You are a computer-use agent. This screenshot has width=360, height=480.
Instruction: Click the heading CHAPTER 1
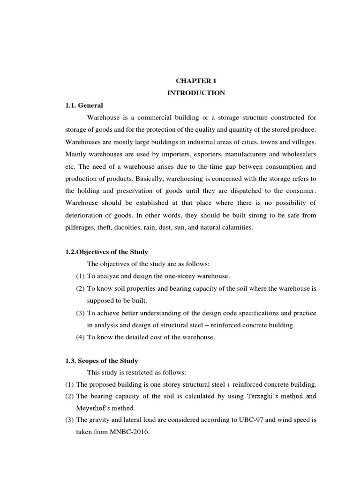pyautogui.click(x=196, y=81)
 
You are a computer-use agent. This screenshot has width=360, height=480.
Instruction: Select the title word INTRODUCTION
pyautogui.click(x=196, y=93)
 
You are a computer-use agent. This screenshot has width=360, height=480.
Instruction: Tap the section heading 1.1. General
pyautogui.click(x=84, y=105)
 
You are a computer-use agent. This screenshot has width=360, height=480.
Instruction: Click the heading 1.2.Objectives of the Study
pyautogui.click(x=106, y=252)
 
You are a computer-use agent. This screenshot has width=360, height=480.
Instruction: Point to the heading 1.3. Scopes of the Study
pyautogui.click(x=101, y=360)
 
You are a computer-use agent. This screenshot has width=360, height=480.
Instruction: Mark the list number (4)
pyautogui.click(x=81, y=337)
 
